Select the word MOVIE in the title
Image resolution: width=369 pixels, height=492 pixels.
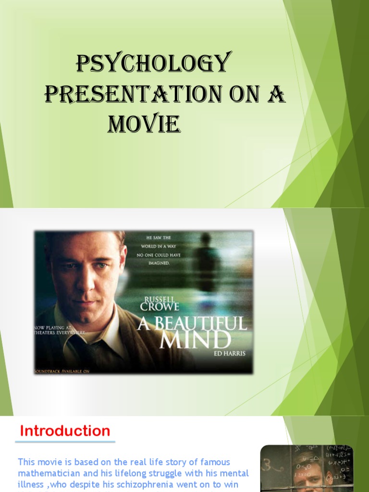144,124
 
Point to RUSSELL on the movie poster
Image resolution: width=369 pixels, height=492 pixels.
160,298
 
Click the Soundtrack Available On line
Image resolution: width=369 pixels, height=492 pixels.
58,371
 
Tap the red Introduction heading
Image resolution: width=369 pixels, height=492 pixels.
65,431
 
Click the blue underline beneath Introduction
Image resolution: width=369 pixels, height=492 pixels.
65,442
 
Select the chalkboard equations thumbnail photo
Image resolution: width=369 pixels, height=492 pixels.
307,468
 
